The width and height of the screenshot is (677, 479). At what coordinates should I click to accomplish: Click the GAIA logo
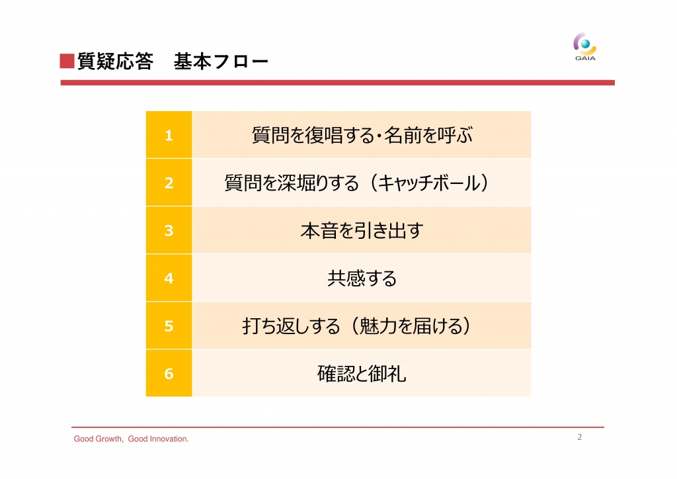coord(585,47)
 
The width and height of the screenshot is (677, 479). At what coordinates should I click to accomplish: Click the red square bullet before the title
coord(67,61)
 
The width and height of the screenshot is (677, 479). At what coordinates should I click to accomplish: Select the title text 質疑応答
coord(115,62)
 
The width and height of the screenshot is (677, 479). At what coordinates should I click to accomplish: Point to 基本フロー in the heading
coord(221,62)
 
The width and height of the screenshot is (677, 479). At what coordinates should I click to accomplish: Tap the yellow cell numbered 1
coord(169,135)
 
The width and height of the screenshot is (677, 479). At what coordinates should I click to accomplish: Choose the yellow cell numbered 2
coord(169,182)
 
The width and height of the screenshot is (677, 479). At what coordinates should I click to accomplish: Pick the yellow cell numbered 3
coord(169,230)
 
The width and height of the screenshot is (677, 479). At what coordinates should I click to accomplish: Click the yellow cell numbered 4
coord(169,278)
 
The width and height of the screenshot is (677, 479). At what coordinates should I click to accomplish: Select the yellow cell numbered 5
coord(169,326)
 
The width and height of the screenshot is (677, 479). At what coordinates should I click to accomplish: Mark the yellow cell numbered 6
coord(169,373)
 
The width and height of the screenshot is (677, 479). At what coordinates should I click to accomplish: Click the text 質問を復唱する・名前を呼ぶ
coord(362,135)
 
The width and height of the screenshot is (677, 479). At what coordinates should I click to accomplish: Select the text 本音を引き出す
coord(362,231)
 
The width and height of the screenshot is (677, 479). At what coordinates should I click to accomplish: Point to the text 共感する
coord(362,278)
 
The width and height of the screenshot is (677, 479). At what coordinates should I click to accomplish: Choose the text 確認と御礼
coord(362,374)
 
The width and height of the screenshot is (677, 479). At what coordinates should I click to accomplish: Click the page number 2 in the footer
coord(579,437)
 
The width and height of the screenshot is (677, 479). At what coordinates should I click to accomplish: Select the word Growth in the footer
coord(108,439)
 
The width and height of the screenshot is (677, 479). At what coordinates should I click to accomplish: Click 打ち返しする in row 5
coord(292,326)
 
